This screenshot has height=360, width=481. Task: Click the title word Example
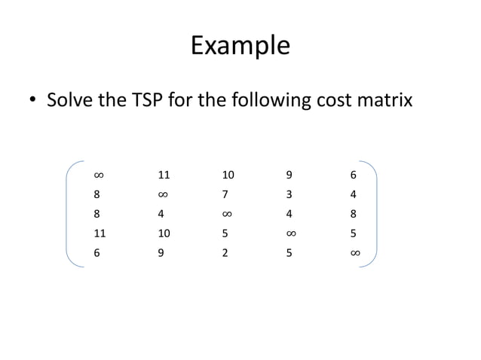pyautogui.click(x=240, y=46)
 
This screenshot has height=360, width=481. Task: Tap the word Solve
pyautogui.click(x=70, y=101)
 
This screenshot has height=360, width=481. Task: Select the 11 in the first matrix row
pyautogui.click(x=164, y=175)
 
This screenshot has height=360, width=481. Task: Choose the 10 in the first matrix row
pyautogui.click(x=228, y=175)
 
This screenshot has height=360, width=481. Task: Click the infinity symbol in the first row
pyautogui.click(x=98, y=175)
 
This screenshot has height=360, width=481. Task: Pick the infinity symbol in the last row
pyautogui.click(x=354, y=254)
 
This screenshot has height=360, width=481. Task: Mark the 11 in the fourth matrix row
pyautogui.click(x=100, y=234)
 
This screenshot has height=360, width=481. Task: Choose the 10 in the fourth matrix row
pyautogui.click(x=164, y=234)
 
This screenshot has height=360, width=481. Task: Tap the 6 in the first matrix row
pyautogui.click(x=354, y=175)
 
